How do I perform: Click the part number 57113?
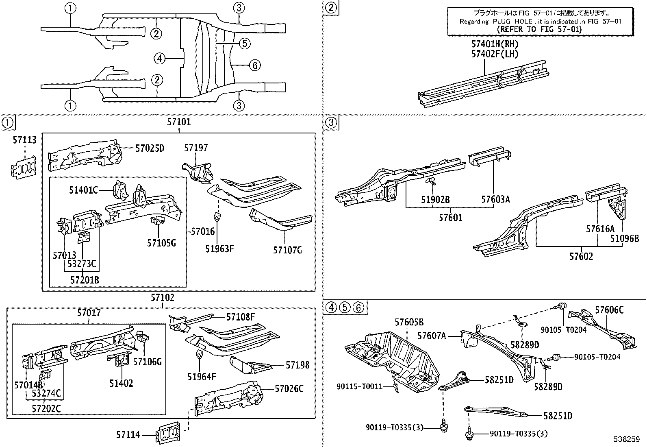24,140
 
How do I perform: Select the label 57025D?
150,148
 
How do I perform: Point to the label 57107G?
287,250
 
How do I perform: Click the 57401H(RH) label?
495,44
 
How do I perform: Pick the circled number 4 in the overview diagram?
160,59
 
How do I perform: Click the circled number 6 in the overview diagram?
254,65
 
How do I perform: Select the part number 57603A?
495,199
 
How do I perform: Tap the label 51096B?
624,238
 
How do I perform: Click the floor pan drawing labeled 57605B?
392,358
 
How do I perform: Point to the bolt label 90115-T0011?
360,386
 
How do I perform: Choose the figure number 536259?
627,440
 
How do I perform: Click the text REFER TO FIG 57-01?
539,29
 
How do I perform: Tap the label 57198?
297,365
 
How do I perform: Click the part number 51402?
121,383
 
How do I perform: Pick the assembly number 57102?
162,297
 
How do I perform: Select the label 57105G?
161,243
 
